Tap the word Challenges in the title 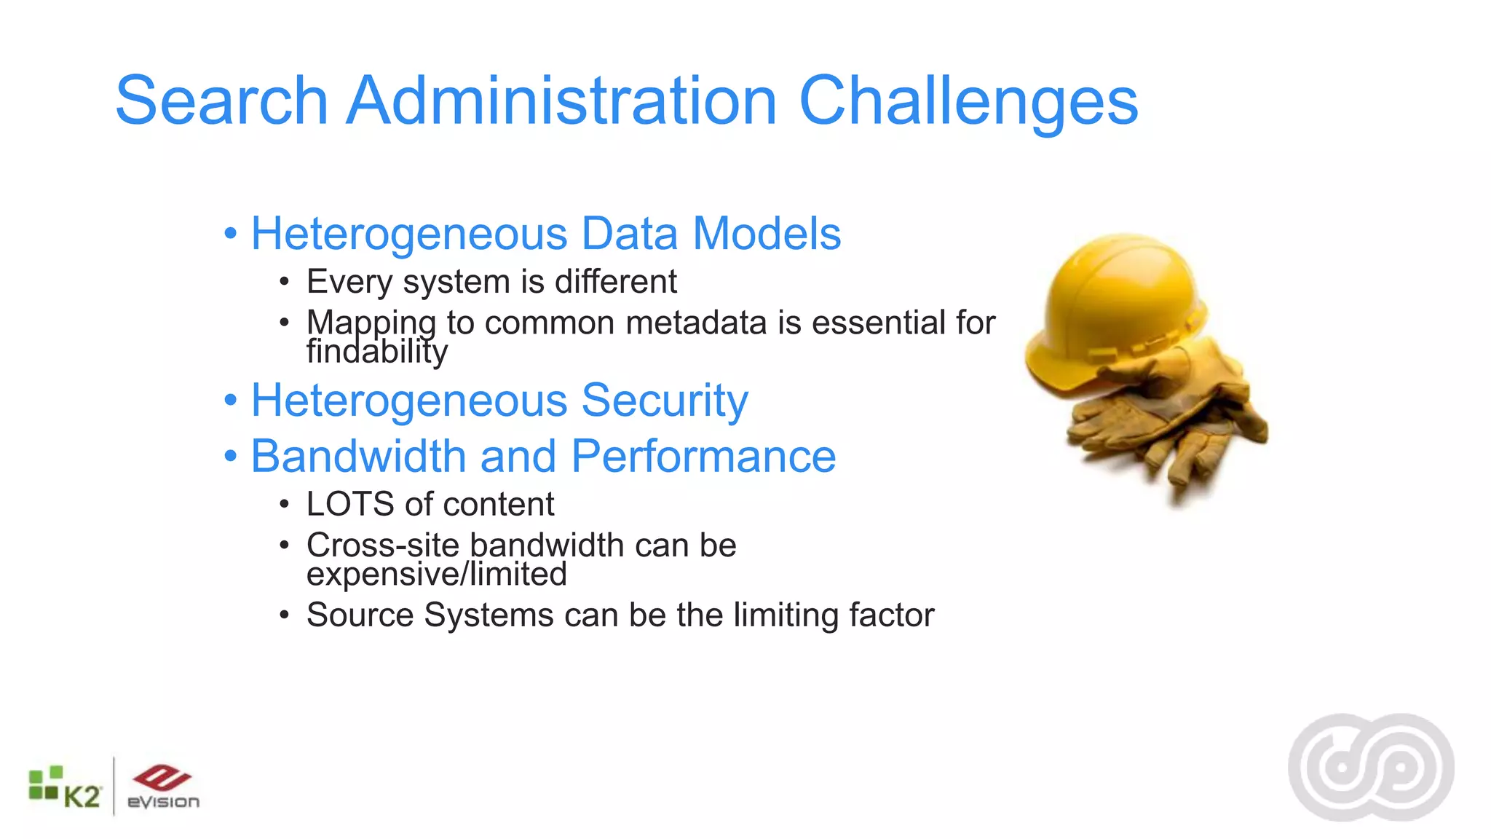968,102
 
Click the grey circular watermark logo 1371,767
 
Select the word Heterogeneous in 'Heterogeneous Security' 409,401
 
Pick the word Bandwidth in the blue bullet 358,457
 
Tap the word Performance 703,457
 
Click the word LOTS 350,504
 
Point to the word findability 376,352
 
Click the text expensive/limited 436,574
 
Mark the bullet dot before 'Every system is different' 285,282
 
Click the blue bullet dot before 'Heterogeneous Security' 231,401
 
